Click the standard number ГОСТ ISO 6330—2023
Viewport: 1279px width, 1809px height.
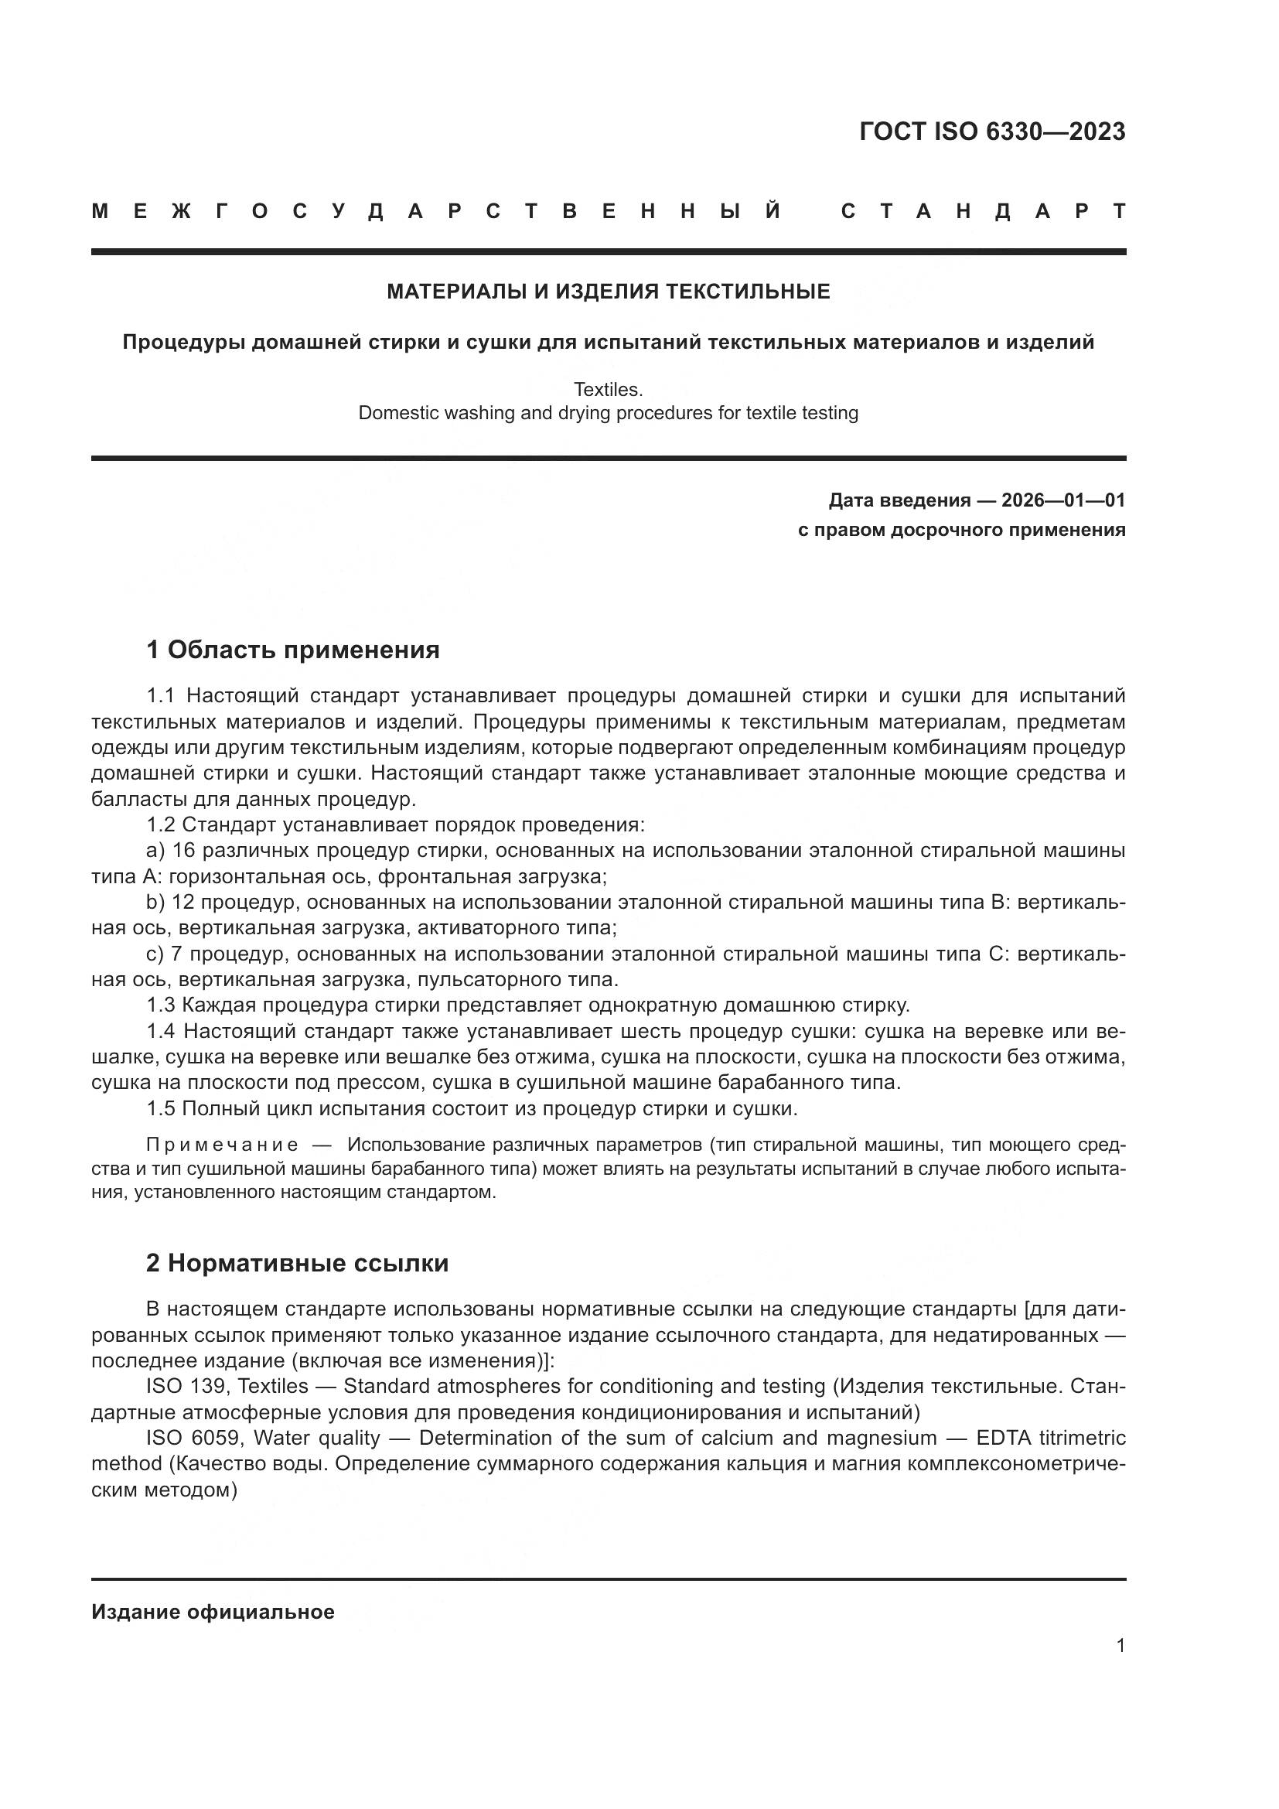coord(991,131)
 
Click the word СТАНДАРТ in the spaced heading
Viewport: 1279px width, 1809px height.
coord(983,211)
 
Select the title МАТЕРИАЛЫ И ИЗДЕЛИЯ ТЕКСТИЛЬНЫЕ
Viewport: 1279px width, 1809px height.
coord(608,292)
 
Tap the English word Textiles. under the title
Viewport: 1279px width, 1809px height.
coord(608,389)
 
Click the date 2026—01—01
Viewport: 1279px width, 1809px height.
coord(1063,500)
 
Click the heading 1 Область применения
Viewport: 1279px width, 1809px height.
coord(292,650)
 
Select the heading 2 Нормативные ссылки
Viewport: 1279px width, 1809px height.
coord(297,1263)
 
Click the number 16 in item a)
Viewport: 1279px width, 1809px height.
coord(182,851)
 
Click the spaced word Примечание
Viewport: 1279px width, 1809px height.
coord(222,1144)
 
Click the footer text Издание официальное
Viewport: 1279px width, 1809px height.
coord(213,1612)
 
